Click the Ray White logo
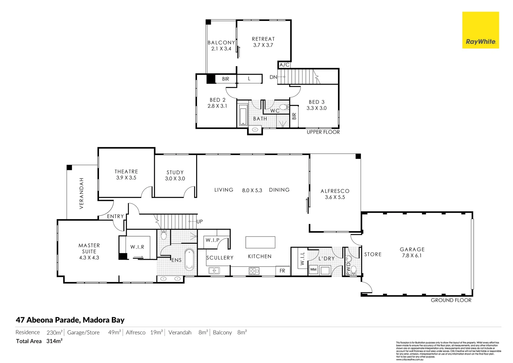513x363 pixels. coord(480,30)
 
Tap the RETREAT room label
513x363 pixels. coord(263,39)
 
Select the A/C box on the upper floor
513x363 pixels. coord(284,65)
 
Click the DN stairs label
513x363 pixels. coord(273,77)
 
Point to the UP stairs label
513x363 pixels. coord(200,221)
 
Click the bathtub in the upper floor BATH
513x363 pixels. coord(243,115)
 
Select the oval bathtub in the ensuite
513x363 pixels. coord(189,259)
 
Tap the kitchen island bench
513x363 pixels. coord(260,242)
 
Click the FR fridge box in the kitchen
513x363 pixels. coord(282,271)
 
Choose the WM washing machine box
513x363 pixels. coord(313,270)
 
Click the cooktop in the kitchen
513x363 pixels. coord(254,271)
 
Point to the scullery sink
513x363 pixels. coord(214,270)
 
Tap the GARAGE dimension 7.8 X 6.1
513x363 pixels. coord(412,255)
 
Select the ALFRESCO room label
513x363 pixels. coord(335,191)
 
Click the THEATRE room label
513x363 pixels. coord(126,171)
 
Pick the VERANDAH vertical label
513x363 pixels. coord(81,193)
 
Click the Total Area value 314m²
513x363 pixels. coord(54,341)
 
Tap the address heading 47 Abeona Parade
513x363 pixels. coord(70,320)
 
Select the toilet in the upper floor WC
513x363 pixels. coord(284,107)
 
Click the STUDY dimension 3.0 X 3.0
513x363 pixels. coord(175,178)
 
